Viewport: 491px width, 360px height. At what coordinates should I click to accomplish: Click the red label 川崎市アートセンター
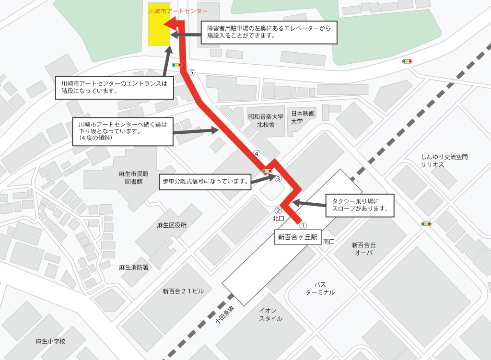pyautogui.click(x=177, y=11)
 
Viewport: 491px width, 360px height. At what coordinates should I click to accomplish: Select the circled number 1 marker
pyautogui.click(x=303, y=224)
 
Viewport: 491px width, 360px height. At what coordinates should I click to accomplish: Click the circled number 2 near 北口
pyautogui.click(x=277, y=210)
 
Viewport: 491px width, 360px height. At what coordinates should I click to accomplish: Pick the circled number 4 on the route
pyautogui.click(x=257, y=154)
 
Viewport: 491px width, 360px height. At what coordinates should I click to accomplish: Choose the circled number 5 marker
pyautogui.click(x=192, y=73)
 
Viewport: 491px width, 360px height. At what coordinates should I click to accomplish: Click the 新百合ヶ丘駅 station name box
pyautogui.click(x=298, y=237)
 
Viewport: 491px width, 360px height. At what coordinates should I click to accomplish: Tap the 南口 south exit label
pyautogui.click(x=329, y=242)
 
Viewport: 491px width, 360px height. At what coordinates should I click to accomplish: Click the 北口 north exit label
pyautogui.click(x=278, y=218)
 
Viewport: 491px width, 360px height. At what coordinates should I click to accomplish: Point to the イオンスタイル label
pyautogui.click(x=270, y=314)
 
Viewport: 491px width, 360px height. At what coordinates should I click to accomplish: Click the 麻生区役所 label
pyautogui.click(x=172, y=225)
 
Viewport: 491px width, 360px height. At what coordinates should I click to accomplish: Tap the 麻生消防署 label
pyautogui.click(x=133, y=267)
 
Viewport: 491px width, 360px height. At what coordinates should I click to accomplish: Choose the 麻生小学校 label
pyautogui.click(x=50, y=341)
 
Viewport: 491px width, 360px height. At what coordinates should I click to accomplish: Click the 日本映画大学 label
pyautogui.click(x=303, y=117)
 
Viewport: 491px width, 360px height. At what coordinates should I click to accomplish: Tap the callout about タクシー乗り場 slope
pyautogui.click(x=359, y=205)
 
